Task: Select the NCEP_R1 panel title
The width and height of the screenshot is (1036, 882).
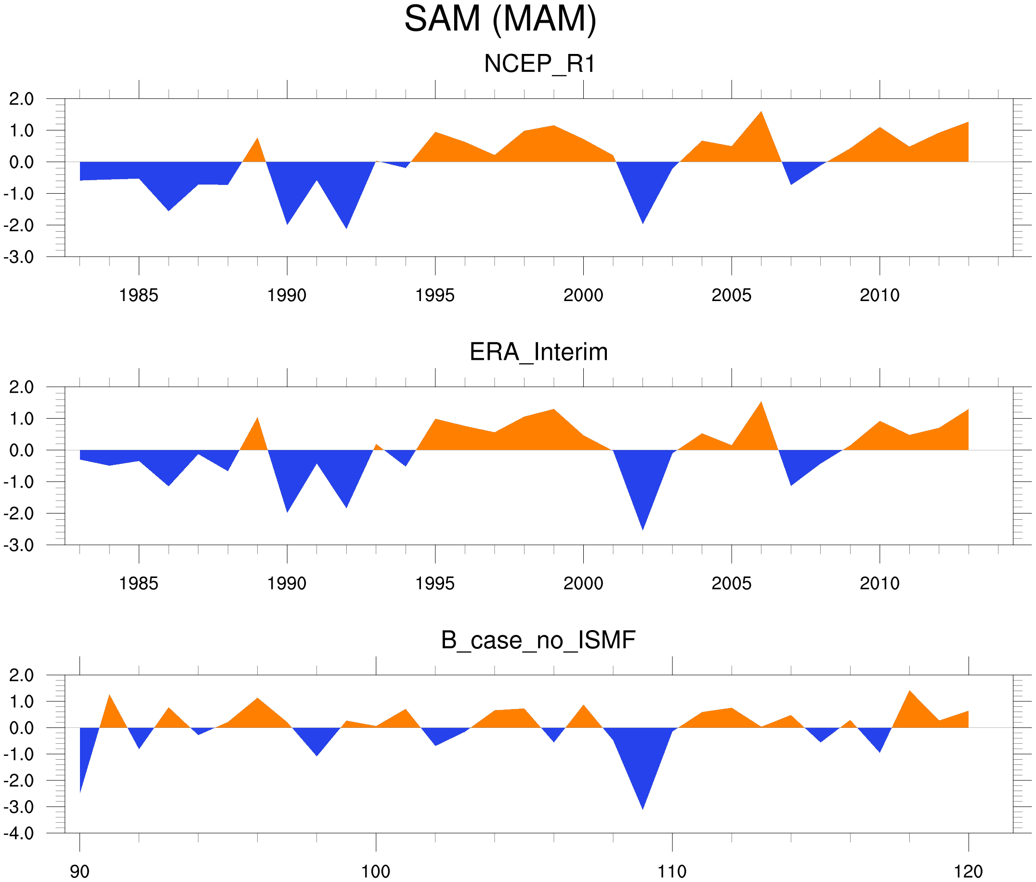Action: click(x=539, y=64)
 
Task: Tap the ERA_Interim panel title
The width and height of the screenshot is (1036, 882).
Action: click(x=538, y=352)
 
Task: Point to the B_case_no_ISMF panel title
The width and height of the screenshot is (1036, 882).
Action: click(x=538, y=640)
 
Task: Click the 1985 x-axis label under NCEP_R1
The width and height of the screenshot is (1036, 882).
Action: click(x=139, y=295)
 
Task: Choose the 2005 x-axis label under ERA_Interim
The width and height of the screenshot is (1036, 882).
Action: click(x=731, y=583)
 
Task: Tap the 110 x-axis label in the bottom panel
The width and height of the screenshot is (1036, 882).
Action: click(x=672, y=871)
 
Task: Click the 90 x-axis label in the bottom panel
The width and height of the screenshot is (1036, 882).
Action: click(x=79, y=871)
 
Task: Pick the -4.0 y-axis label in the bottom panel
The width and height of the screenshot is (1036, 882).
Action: click(x=18, y=833)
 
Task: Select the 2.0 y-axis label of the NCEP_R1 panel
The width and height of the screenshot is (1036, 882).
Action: click(x=22, y=99)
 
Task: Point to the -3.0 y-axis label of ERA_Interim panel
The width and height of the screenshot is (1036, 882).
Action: click(x=18, y=545)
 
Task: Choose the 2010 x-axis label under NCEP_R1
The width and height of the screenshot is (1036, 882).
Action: click(x=879, y=295)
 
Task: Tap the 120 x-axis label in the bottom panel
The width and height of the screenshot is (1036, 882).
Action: click(x=969, y=871)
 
